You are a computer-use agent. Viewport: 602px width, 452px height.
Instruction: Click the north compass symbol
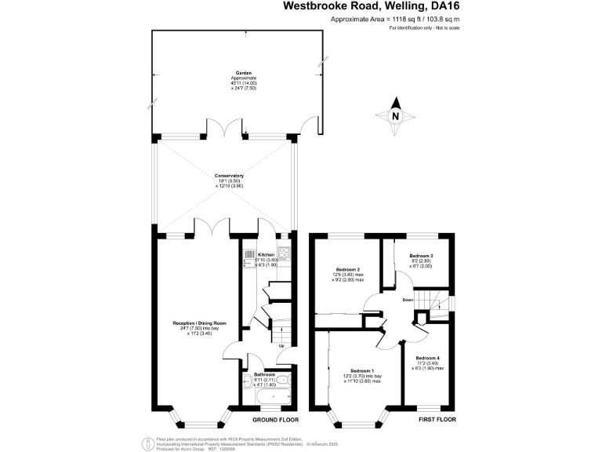396,115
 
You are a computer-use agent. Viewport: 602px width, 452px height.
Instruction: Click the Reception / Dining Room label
200,323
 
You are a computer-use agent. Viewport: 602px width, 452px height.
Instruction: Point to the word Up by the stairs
281,346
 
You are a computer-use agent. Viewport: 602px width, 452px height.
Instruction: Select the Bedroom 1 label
362,370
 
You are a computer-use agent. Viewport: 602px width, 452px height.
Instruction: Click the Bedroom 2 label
348,269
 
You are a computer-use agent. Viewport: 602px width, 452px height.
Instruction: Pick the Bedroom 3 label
421,257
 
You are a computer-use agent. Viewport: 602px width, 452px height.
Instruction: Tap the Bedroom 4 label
428,358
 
